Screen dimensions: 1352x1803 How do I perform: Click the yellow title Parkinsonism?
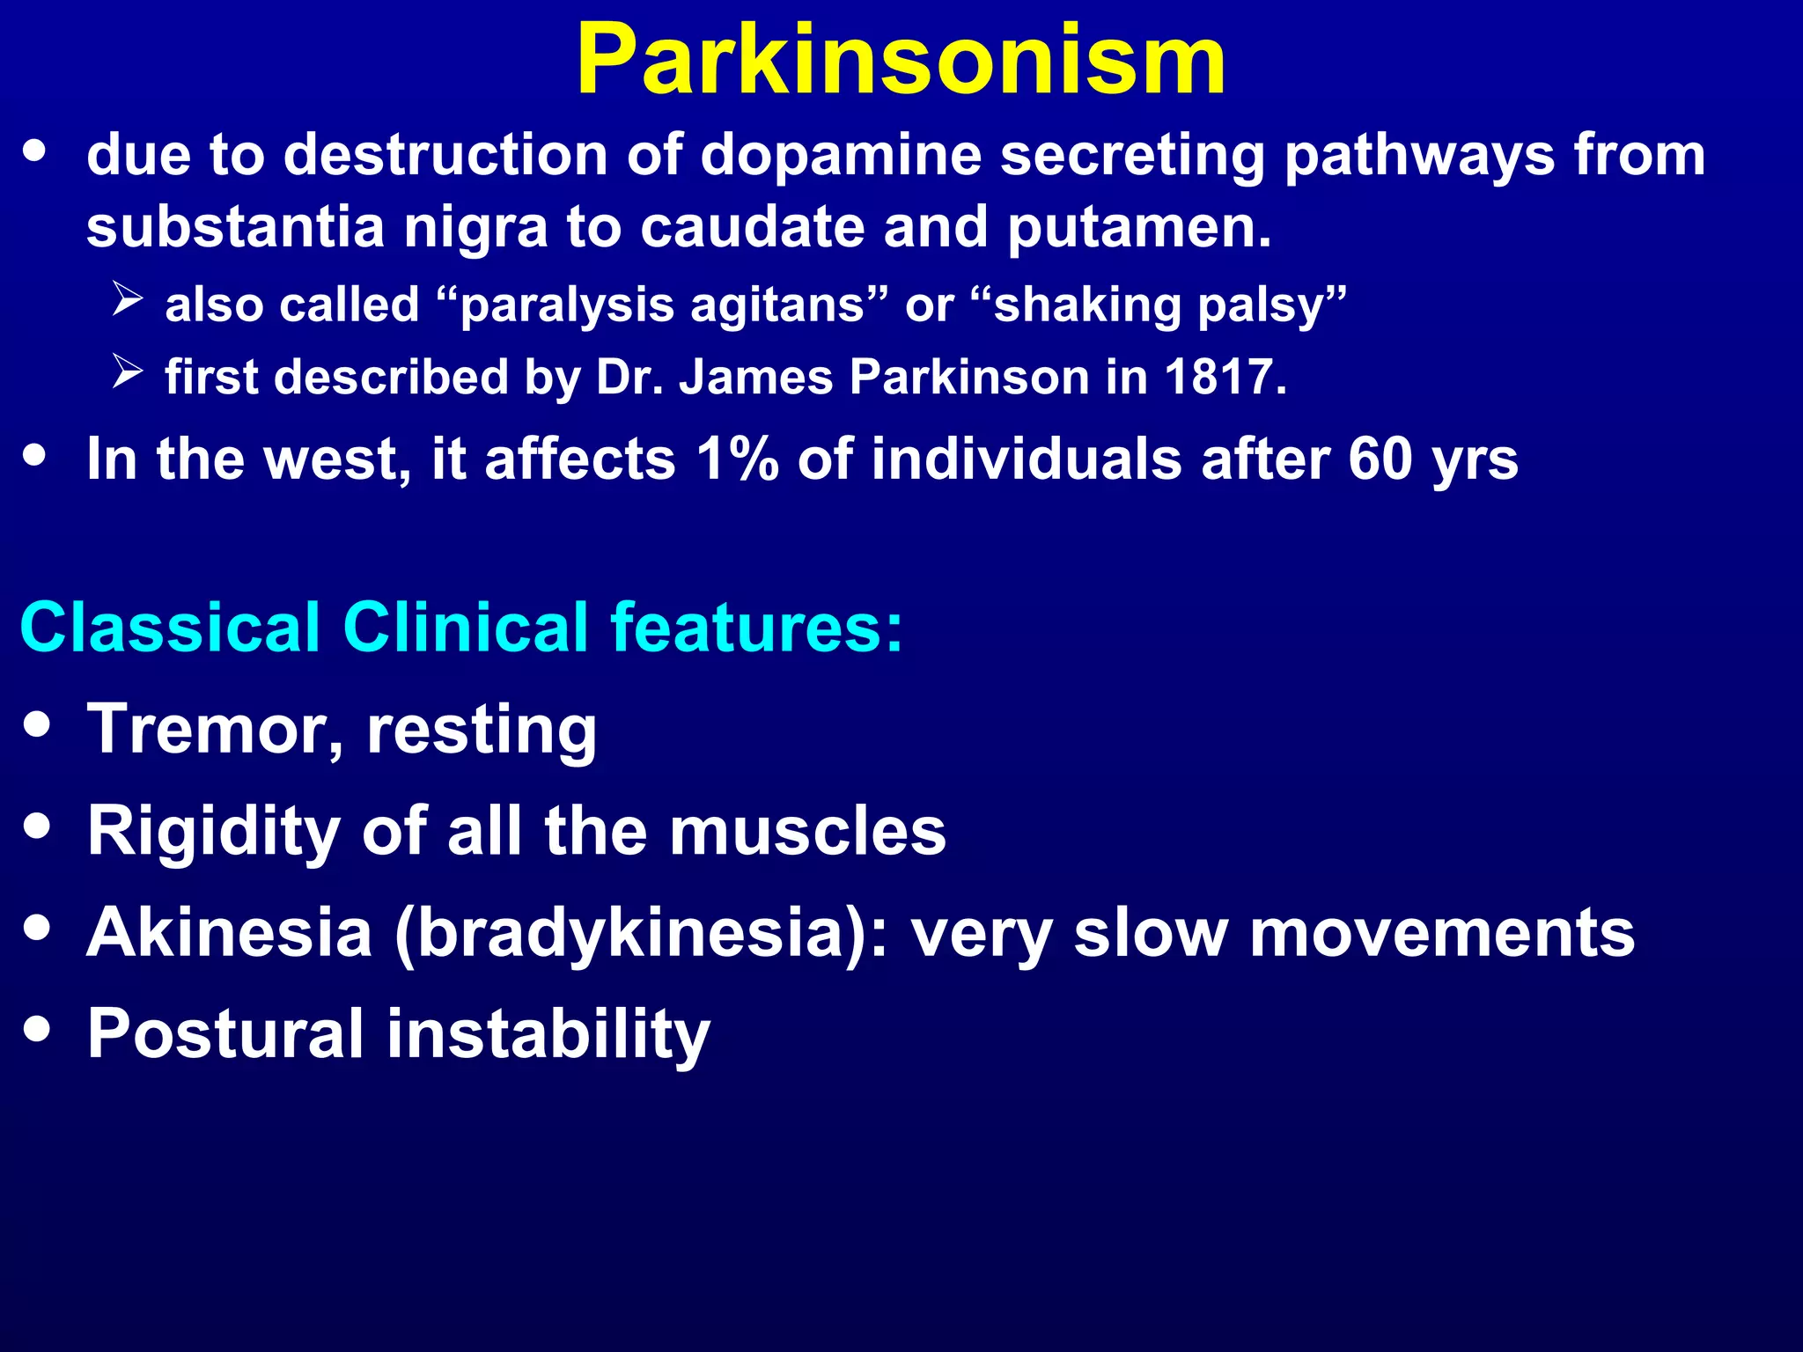tap(901, 60)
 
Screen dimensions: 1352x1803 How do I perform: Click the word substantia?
tap(235, 227)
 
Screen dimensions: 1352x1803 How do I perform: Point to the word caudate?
tap(752, 227)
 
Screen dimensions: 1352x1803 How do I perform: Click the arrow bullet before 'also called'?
tap(128, 300)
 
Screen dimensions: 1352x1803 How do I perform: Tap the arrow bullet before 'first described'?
tap(128, 372)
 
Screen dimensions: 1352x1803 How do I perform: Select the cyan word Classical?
tap(170, 628)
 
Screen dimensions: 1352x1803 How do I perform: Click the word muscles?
tap(807, 831)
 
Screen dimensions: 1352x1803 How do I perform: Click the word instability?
tap(548, 1033)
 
